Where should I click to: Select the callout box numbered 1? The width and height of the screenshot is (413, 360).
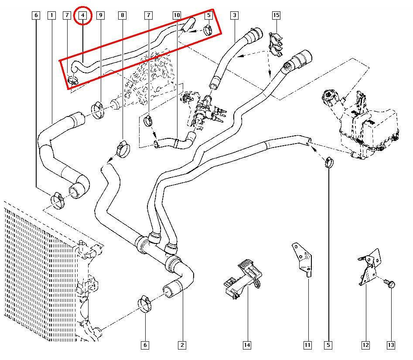(x=52, y=16)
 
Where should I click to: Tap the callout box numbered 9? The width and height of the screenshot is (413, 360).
(x=100, y=16)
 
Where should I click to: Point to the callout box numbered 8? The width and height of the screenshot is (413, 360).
(x=122, y=16)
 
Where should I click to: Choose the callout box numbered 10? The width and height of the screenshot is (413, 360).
(x=177, y=16)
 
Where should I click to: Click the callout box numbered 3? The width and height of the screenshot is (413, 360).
(x=235, y=16)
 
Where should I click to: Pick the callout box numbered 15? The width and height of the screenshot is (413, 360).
(x=276, y=16)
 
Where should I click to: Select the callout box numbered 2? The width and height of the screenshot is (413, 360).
(x=182, y=345)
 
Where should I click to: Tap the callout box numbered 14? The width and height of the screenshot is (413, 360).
(x=247, y=345)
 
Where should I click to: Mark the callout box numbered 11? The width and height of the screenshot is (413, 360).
(x=307, y=345)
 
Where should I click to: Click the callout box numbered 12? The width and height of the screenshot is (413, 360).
(x=365, y=345)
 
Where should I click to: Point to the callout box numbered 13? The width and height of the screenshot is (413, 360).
(x=391, y=345)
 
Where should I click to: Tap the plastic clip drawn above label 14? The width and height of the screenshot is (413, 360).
(x=243, y=279)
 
